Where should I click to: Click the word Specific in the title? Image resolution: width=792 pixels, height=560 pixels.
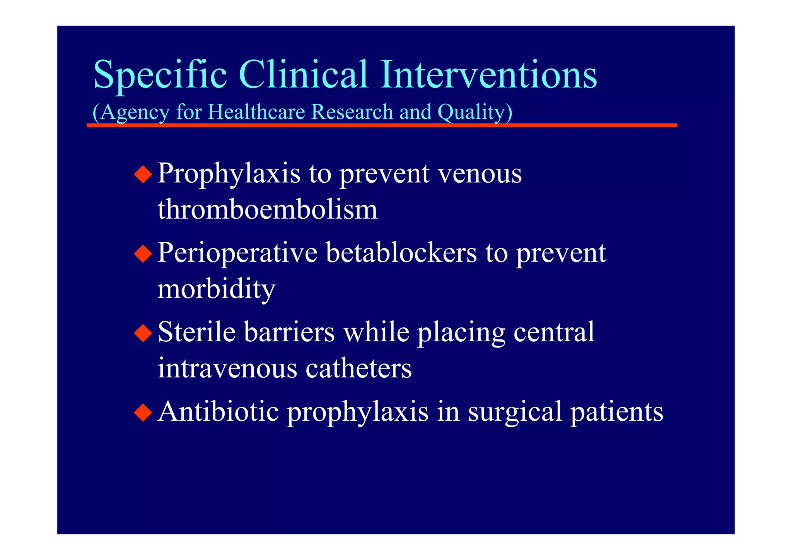coord(160,75)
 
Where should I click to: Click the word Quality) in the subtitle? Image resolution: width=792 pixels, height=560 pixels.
coord(475,113)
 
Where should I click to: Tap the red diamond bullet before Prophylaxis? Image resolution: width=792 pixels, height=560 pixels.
coord(143,174)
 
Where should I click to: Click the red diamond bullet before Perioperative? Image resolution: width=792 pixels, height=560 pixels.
coord(143,254)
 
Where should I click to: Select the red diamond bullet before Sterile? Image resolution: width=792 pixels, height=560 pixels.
coord(143,333)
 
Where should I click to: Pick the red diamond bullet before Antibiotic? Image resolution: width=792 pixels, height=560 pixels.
coord(143,413)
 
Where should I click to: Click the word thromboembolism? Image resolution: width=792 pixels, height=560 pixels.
coord(267,209)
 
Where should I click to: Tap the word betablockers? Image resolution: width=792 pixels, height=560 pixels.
coord(401,253)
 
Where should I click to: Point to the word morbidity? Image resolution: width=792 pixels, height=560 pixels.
coord(216,289)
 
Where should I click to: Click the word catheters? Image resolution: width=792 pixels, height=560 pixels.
coord(358,368)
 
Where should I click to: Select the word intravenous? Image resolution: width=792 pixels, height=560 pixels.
coord(227,368)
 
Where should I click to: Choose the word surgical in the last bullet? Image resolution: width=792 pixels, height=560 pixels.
coord(515,412)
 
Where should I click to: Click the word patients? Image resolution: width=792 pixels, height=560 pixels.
coord(617,412)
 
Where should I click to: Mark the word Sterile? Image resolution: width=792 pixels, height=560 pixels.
coord(196,332)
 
